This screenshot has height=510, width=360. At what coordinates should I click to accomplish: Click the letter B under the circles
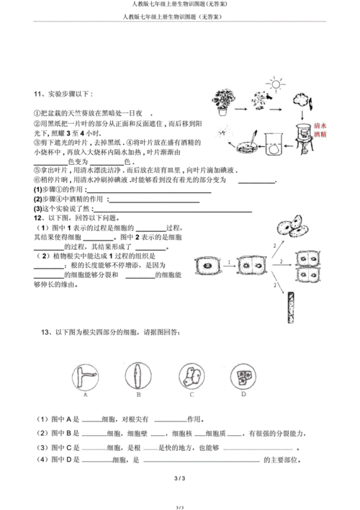138,395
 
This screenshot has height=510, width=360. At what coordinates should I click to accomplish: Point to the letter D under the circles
243,395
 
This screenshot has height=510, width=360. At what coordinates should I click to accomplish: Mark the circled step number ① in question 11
36,114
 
